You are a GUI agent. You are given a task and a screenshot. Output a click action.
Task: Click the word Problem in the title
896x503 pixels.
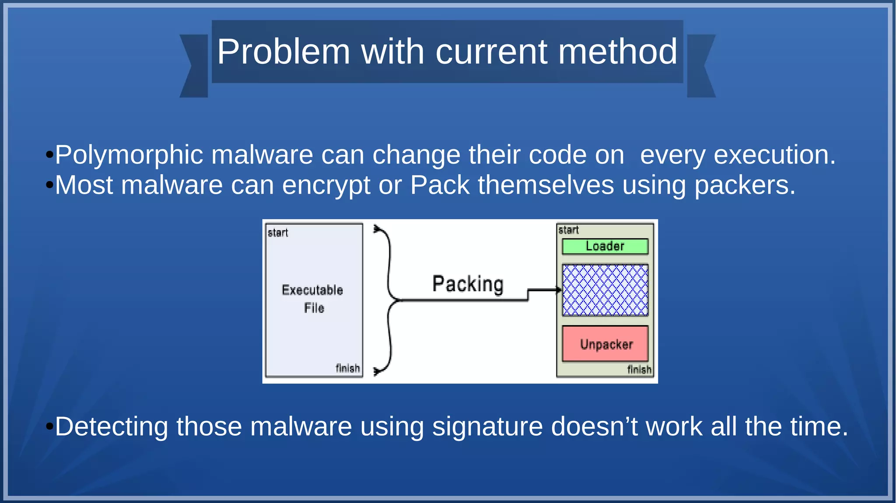(x=283, y=52)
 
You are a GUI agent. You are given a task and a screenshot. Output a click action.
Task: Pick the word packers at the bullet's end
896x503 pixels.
(x=745, y=185)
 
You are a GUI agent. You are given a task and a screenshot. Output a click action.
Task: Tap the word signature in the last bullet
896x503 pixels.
(x=487, y=426)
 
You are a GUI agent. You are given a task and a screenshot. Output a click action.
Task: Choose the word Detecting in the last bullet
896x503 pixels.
(x=111, y=426)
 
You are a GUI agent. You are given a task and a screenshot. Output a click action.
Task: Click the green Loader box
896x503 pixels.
(x=605, y=246)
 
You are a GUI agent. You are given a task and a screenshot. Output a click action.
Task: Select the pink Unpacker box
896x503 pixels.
(x=605, y=344)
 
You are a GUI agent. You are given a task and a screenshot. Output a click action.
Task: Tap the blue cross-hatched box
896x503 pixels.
(x=605, y=290)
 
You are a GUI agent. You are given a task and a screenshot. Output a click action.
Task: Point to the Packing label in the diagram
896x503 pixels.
(x=468, y=284)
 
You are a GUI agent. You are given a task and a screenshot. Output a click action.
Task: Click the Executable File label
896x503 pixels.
(x=313, y=299)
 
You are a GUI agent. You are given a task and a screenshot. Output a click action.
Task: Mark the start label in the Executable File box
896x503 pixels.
(x=278, y=233)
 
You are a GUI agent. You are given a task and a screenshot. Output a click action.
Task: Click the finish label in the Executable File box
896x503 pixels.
(x=347, y=368)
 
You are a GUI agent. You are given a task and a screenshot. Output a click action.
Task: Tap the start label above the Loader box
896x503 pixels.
(x=568, y=230)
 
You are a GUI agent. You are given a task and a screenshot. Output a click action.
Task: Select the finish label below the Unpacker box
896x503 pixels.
(x=639, y=370)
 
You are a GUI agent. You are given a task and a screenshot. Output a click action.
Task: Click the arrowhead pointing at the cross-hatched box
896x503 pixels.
(x=558, y=290)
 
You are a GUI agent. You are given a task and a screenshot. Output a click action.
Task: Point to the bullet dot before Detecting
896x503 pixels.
(x=49, y=426)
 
